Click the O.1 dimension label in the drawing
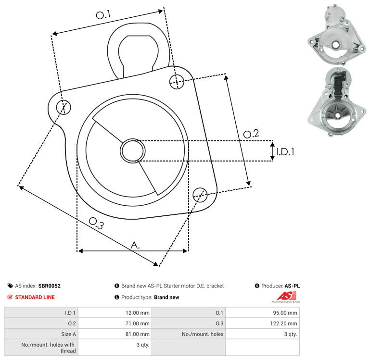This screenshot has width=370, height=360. pos(103,14)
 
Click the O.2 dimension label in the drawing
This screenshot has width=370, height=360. pos(251,134)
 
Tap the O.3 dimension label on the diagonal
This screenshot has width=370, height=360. pos(96,223)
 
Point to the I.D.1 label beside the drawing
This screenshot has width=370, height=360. pos(285,151)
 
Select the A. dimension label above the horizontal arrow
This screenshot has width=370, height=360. pos(135,245)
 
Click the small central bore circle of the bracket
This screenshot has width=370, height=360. pos(133,150)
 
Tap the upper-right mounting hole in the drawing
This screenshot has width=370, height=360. pos(177,82)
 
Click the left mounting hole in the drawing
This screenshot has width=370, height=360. pos(64,107)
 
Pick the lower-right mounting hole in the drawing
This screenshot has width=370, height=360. pos(200,195)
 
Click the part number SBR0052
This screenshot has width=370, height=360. pos(50,286)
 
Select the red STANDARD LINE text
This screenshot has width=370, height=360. pos(35,297)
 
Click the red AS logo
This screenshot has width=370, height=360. pos(286,297)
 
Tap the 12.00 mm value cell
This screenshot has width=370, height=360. pos(115,312)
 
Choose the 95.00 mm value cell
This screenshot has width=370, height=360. pos(262,312)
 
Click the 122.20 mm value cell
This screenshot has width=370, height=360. pos(262,323)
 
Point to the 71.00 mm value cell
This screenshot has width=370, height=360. pos(115,323)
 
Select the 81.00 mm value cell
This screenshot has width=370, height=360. pos(115,334)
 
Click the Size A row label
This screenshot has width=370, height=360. pos(68,334)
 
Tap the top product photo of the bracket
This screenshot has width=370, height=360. pos(336,35)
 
